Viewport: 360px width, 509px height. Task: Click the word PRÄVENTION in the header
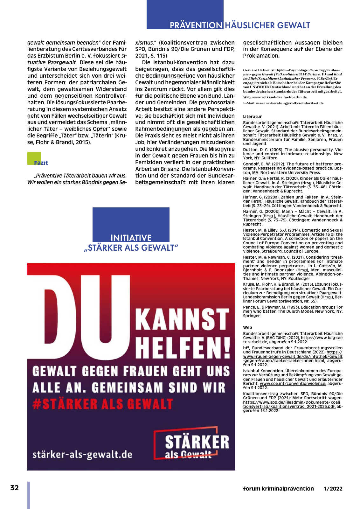(x=196, y=25)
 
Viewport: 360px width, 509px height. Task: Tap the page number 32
(x=15, y=488)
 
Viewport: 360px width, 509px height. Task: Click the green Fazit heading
(x=41, y=163)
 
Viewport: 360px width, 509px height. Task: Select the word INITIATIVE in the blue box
(x=131, y=238)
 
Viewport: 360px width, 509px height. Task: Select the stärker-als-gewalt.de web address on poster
(x=82, y=454)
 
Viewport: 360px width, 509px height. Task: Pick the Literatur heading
(x=252, y=116)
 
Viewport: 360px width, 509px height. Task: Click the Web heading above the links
(x=247, y=327)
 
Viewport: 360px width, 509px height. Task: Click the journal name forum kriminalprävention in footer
(x=278, y=489)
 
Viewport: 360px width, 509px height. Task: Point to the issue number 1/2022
(x=333, y=489)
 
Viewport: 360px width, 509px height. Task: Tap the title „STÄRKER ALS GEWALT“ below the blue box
(x=131, y=248)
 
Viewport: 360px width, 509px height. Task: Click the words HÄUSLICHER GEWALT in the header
(x=267, y=25)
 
